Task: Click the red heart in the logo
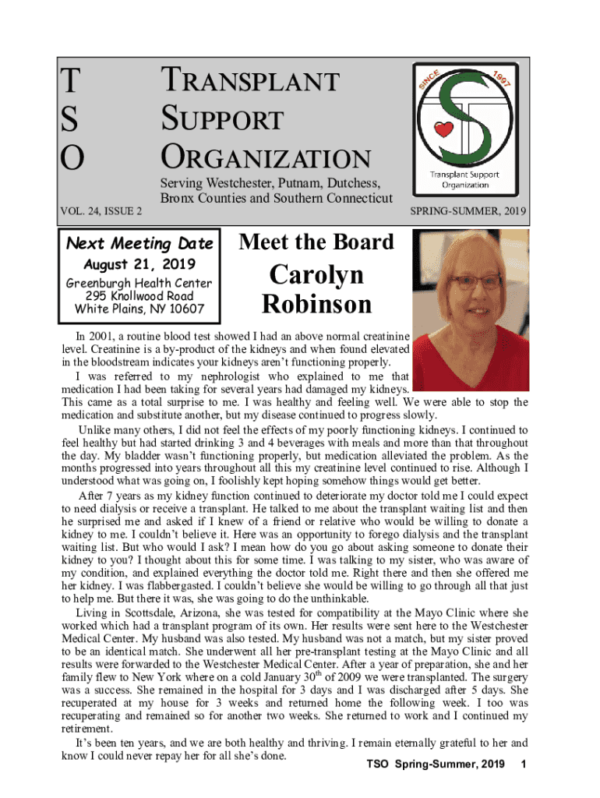tap(444, 129)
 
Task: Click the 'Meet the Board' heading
tap(316, 242)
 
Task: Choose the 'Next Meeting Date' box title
tap(139, 243)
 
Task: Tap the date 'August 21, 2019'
tap(139, 263)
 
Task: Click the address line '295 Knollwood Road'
tap(139, 296)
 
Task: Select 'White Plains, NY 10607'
tap(139, 309)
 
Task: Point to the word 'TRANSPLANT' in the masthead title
tap(250, 82)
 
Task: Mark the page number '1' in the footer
tap(524, 764)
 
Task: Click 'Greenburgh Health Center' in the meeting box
tap(139, 283)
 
